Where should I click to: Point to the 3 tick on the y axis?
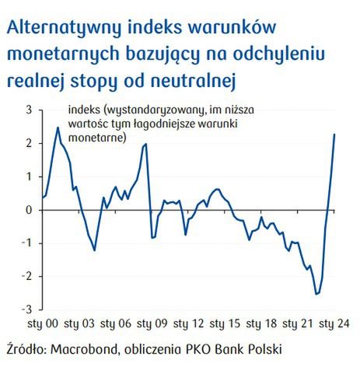pyautogui.click(x=29, y=110)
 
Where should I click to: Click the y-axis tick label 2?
pyautogui.click(x=29, y=144)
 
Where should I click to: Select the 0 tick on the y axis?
pyautogui.click(x=29, y=210)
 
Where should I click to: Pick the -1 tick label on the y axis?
pyautogui.click(x=27, y=243)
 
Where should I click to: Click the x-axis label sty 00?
pyautogui.click(x=44, y=322)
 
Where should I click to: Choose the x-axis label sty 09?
pyautogui.click(x=151, y=322)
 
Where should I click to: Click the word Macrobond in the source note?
pyautogui.click(x=88, y=348)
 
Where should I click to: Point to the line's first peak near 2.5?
pyautogui.click(x=58, y=128)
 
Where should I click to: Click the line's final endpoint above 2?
pyautogui.click(x=334, y=135)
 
